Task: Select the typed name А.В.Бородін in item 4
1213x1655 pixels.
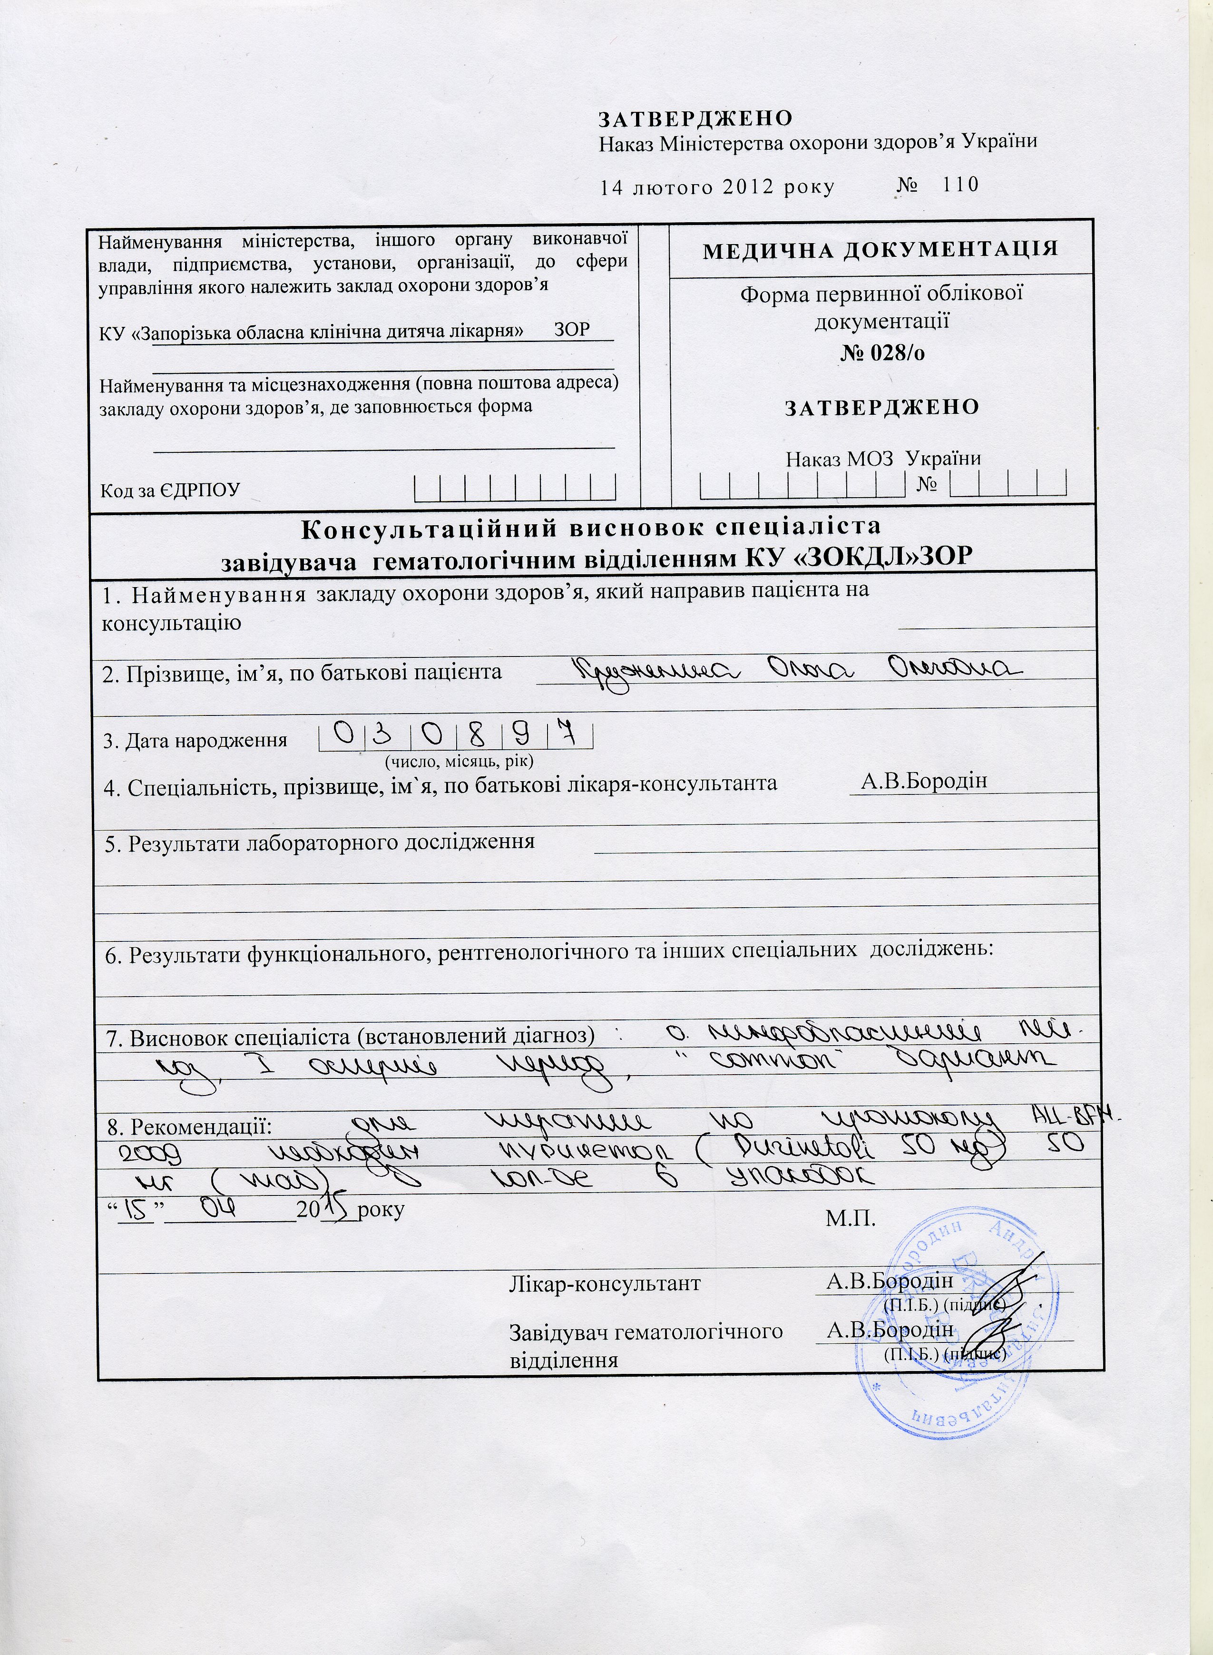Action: tap(924, 781)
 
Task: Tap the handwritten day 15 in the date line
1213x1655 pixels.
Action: tap(136, 1208)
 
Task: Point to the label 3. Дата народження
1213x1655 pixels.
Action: tap(196, 740)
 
